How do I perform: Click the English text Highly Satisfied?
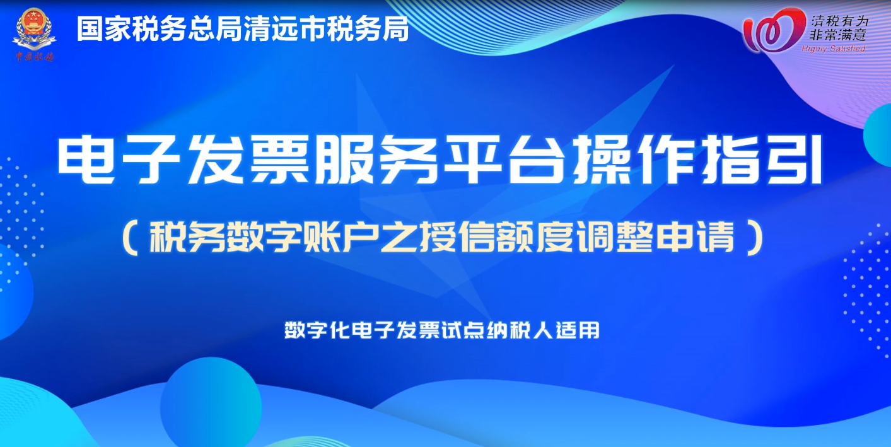point(834,49)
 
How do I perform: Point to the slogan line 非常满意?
point(837,35)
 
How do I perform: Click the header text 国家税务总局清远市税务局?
point(243,29)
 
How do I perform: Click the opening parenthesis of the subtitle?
point(131,238)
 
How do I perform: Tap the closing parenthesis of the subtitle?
point(755,238)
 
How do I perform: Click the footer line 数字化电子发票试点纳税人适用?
point(442,330)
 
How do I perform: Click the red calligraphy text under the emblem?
point(35,57)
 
